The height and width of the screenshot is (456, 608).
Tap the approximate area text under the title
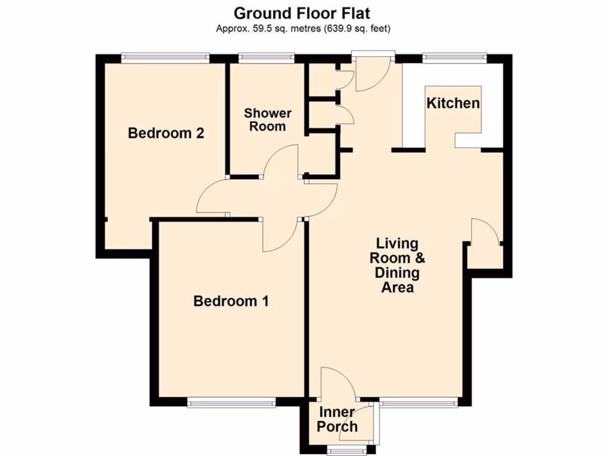click(x=303, y=28)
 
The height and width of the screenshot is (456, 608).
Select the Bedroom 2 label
click(x=166, y=133)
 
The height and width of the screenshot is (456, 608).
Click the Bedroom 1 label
click(x=231, y=301)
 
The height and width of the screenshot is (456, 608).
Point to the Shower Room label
click(x=268, y=119)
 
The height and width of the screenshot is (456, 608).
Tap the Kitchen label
click(x=453, y=103)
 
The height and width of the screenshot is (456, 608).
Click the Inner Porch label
click(x=337, y=419)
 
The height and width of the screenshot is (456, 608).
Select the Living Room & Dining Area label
click(x=397, y=265)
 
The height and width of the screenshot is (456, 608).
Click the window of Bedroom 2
click(x=165, y=58)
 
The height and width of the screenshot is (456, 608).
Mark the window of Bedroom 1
click(x=231, y=403)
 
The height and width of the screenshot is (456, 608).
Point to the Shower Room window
click(x=267, y=58)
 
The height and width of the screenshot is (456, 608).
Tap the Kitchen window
click(x=454, y=58)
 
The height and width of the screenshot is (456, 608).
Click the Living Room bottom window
click(x=419, y=402)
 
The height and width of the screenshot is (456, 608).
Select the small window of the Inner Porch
click(x=345, y=451)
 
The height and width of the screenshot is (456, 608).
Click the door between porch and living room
click(x=337, y=383)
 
